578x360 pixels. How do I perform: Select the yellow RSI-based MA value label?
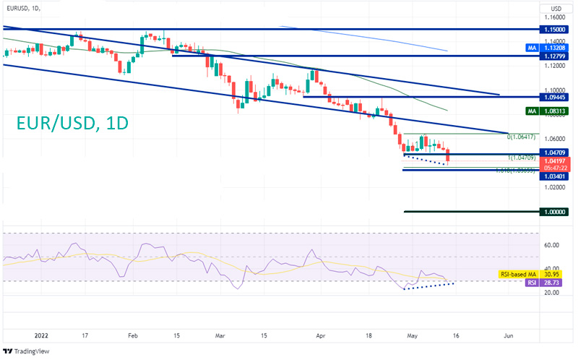pos(532,275)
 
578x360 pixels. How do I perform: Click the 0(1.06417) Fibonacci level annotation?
pos(523,137)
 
